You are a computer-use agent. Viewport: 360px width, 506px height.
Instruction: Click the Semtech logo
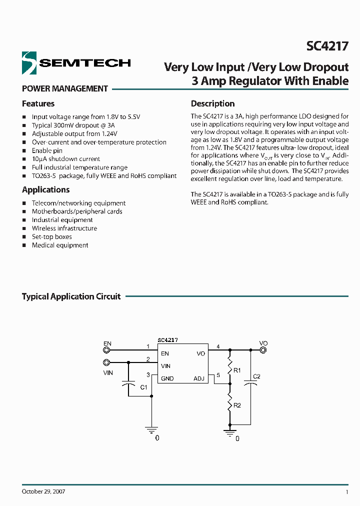click(x=76, y=62)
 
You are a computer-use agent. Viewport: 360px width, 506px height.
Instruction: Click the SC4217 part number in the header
click(x=327, y=46)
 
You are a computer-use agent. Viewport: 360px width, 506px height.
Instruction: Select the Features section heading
click(x=38, y=103)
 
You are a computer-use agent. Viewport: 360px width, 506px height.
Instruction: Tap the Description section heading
click(x=212, y=103)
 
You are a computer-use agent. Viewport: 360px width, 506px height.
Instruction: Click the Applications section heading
click(x=45, y=189)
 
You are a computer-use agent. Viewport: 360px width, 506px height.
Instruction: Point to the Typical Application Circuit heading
click(x=71, y=296)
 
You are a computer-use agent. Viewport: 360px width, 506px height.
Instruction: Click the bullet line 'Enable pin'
click(x=47, y=150)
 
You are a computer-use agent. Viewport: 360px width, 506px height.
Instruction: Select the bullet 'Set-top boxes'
click(x=51, y=236)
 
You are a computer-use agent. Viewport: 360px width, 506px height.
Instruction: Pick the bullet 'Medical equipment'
click(x=59, y=245)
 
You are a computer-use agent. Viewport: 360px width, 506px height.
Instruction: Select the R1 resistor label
click(x=237, y=370)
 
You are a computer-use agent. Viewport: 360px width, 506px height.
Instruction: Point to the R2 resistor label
click(x=237, y=405)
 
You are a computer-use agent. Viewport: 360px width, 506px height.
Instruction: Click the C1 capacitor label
click(x=143, y=387)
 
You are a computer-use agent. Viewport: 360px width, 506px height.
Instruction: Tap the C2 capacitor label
click(x=256, y=376)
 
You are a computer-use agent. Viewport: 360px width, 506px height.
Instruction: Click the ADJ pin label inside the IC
click(x=199, y=378)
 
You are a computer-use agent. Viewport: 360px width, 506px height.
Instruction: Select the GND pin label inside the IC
click(x=167, y=378)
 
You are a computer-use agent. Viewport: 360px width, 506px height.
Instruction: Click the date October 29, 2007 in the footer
click(x=43, y=491)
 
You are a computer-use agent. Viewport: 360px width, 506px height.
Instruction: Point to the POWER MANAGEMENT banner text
click(x=65, y=88)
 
